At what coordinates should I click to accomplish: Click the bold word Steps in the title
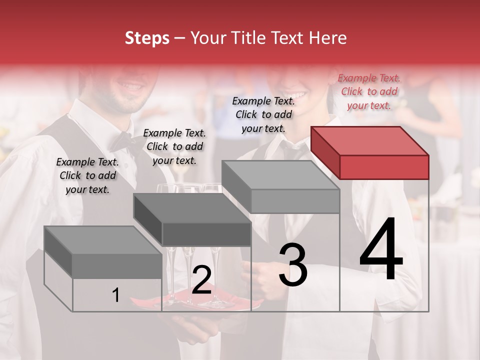[x=147, y=38]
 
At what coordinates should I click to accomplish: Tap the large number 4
[x=381, y=249]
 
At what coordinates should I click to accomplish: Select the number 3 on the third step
[x=292, y=265]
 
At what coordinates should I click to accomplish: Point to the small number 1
[x=115, y=295]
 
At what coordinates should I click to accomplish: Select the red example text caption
[x=369, y=91]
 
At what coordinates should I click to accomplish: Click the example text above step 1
[x=87, y=175]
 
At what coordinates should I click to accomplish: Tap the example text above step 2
[x=174, y=146]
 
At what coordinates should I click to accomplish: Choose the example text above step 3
[x=263, y=114]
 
